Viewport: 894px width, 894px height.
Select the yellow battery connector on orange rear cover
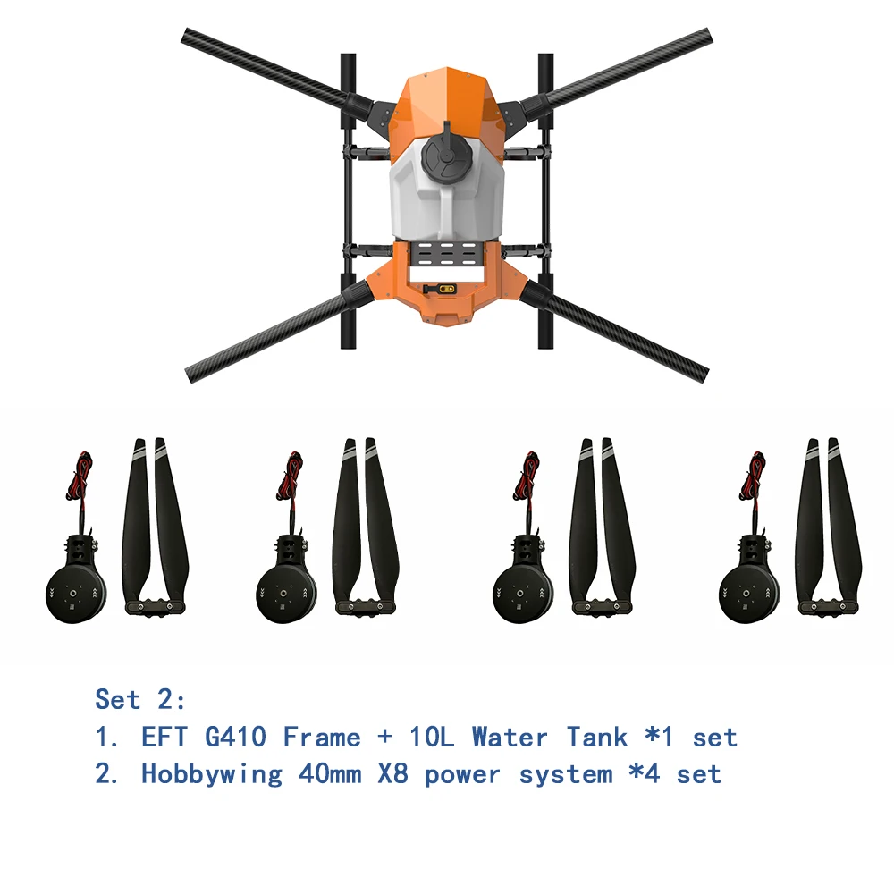(444, 290)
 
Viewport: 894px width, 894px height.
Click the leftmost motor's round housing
(75, 590)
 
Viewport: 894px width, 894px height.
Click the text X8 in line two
(393, 773)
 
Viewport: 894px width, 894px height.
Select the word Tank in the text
(595, 738)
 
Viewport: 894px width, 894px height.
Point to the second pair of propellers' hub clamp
(362, 606)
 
